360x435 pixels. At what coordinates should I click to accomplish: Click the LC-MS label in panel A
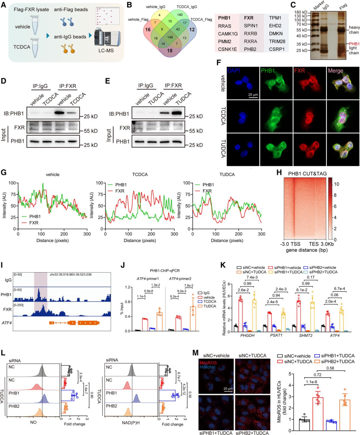pyautogui.click(x=106, y=50)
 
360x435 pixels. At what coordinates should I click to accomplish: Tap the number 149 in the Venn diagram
pyautogui.click(x=170, y=37)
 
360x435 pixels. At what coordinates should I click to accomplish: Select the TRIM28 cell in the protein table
pyautogui.click(x=277, y=41)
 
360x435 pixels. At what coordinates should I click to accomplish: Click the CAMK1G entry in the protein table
pyautogui.click(x=228, y=34)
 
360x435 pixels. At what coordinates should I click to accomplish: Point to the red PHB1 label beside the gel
pyautogui.click(x=354, y=44)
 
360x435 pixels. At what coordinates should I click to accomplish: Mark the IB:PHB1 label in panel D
pyautogui.click(x=14, y=113)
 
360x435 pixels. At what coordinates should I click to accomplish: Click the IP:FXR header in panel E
pyautogui.click(x=173, y=86)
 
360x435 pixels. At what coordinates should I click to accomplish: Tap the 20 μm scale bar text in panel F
pyautogui.click(x=253, y=95)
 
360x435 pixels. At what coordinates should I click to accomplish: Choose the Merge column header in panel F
pyautogui.click(x=335, y=71)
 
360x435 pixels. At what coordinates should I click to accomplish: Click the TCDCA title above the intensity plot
pyautogui.click(x=140, y=174)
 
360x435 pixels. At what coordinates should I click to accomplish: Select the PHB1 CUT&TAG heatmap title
pyautogui.click(x=307, y=173)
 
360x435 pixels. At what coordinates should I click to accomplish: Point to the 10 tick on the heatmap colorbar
pyautogui.click(x=337, y=184)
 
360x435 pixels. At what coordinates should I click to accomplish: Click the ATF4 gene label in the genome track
pyautogui.click(x=7, y=323)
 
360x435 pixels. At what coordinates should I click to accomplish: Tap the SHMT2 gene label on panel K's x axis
pyautogui.click(x=305, y=335)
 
